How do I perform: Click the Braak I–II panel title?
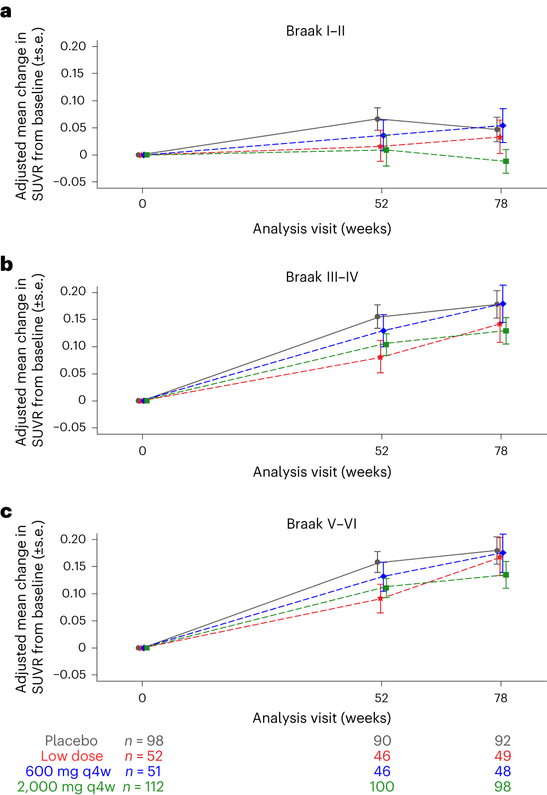(315, 31)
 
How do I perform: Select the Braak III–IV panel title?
(322, 277)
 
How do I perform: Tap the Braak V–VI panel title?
(322, 524)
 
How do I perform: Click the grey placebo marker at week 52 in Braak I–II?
(377, 119)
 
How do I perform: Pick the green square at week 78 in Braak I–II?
(506, 161)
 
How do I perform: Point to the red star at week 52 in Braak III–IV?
(380, 357)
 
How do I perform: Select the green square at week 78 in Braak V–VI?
(506, 575)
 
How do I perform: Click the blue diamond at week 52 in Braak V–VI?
(384, 576)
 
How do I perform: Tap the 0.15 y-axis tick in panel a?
(72, 73)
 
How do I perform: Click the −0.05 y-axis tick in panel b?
(72, 427)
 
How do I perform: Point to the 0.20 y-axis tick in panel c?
(73, 539)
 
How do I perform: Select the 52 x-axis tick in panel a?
(382, 204)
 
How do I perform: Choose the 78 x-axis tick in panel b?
(501, 451)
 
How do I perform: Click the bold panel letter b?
(7, 264)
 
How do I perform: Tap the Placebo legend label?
(71, 741)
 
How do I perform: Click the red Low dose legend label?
(72, 756)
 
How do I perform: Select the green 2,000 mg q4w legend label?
(66, 787)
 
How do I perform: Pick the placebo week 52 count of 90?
(382, 741)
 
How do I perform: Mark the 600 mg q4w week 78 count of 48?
(503, 772)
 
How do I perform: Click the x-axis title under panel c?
(322, 718)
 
